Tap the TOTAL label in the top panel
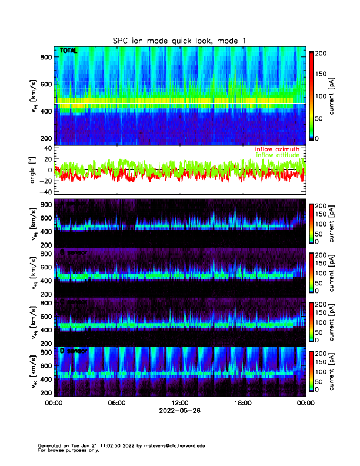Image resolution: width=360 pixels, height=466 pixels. (68, 52)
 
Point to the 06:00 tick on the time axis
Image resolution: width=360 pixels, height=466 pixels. (116, 403)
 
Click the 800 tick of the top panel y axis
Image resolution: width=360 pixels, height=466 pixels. (46, 56)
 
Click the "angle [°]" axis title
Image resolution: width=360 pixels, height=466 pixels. (34, 169)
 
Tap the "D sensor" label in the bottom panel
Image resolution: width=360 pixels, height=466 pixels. (74, 351)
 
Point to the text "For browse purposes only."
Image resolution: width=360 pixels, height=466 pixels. (66, 450)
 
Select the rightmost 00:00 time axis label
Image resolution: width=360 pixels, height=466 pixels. (305, 403)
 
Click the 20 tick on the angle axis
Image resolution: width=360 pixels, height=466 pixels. (46, 159)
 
